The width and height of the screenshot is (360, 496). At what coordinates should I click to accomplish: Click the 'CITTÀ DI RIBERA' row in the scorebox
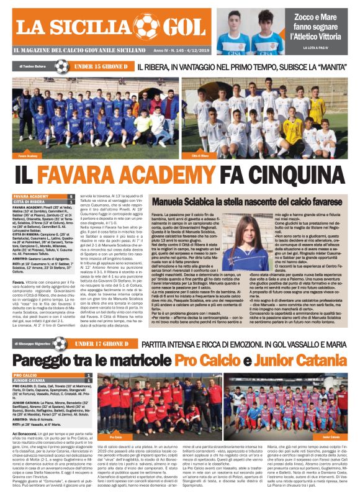pos(37,202)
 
